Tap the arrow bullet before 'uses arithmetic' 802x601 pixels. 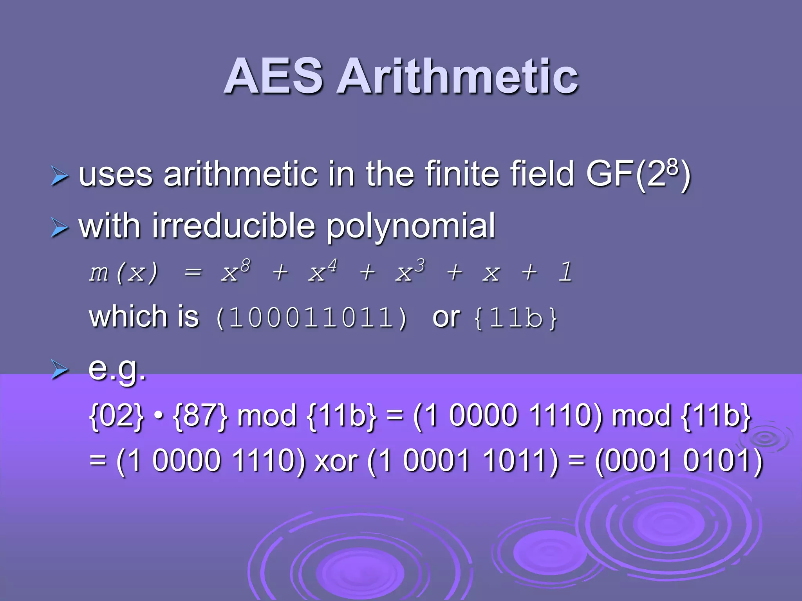click(x=60, y=175)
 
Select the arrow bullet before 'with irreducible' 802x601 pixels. click(x=60, y=227)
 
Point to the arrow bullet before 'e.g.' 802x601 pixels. click(x=60, y=369)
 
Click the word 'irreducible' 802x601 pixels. click(x=233, y=226)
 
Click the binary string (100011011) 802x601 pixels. click(x=312, y=317)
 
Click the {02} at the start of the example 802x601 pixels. click(x=117, y=416)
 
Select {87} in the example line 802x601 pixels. click(x=200, y=416)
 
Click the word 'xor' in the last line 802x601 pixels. click(x=336, y=461)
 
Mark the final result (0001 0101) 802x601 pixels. click(x=679, y=461)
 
